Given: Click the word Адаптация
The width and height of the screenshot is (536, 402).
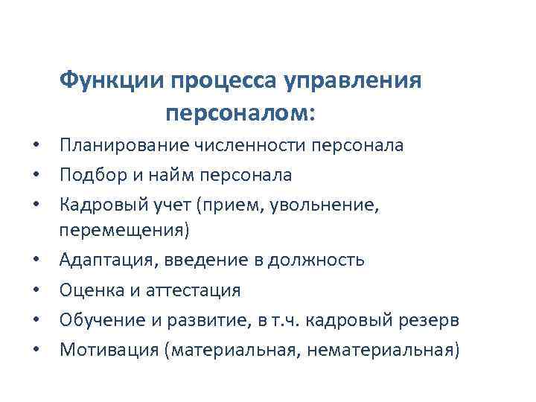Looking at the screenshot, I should click(x=103, y=261).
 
